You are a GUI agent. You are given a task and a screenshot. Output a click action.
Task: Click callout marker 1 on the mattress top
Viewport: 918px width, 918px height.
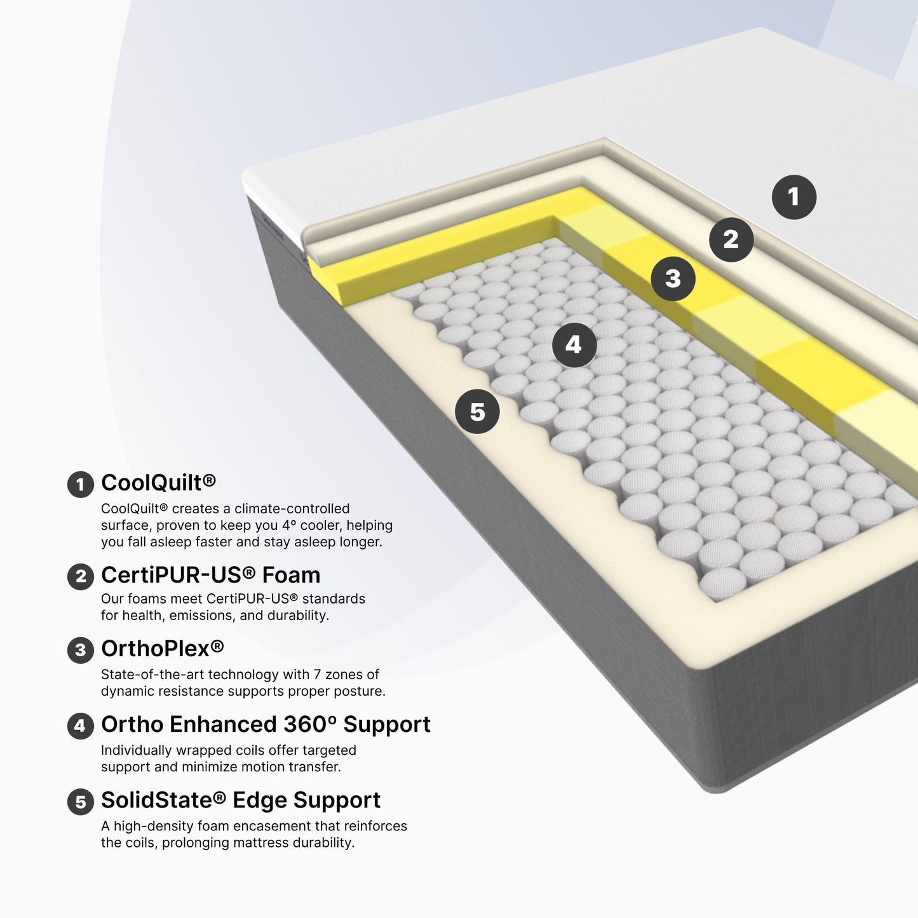pyautogui.click(x=793, y=197)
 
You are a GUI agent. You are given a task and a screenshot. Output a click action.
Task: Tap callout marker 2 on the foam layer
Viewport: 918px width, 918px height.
pyautogui.click(x=731, y=239)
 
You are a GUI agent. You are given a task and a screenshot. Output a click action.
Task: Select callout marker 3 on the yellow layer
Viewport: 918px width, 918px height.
pyautogui.click(x=673, y=279)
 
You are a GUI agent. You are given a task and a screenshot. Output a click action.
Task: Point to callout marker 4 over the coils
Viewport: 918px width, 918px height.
pyautogui.click(x=574, y=344)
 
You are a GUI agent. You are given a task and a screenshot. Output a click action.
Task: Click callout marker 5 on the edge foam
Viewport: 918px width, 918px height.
pyautogui.click(x=477, y=412)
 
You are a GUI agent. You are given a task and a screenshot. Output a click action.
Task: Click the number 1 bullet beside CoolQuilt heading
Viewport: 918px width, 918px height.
pyautogui.click(x=81, y=485)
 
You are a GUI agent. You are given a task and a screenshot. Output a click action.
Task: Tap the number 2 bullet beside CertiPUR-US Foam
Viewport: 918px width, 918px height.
pyautogui.click(x=81, y=576)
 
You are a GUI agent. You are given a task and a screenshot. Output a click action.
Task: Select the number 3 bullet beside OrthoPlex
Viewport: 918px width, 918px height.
pyautogui.click(x=81, y=651)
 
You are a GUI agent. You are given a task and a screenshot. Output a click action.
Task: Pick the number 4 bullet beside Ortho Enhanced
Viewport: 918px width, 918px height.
pyautogui.click(x=81, y=726)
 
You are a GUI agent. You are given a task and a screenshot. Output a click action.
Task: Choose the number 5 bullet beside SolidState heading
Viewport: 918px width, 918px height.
pyautogui.click(x=81, y=802)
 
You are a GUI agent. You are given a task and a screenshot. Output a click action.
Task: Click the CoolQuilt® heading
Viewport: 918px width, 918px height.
pyautogui.click(x=159, y=483)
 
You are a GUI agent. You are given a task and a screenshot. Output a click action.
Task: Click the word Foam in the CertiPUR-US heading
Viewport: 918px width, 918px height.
pyautogui.click(x=291, y=575)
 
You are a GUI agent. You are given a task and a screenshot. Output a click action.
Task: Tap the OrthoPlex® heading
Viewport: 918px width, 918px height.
pyautogui.click(x=163, y=649)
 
